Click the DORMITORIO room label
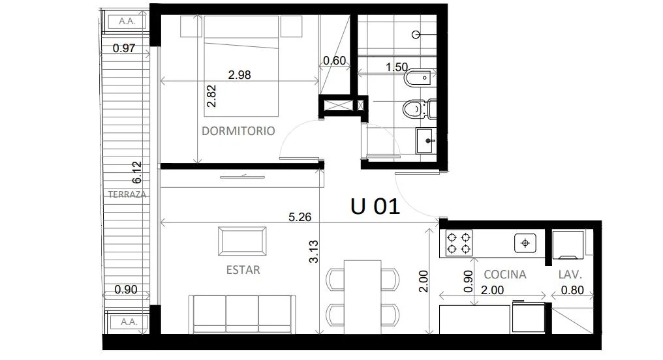click(x=238, y=131)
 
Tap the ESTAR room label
click(x=243, y=270)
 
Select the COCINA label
click(x=505, y=275)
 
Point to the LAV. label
click(x=570, y=275)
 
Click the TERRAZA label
click(x=127, y=194)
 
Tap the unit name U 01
click(x=375, y=207)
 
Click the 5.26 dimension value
click(x=300, y=217)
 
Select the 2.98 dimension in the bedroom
click(x=239, y=75)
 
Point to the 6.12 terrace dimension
click(x=137, y=172)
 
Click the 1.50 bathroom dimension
click(x=397, y=67)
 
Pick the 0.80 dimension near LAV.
click(x=572, y=290)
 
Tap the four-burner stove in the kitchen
click(x=459, y=243)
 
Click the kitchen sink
click(x=525, y=243)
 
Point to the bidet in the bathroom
click(x=420, y=78)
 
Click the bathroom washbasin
click(x=426, y=140)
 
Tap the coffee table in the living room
click(x=242, y=241)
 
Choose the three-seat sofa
click(x=242, y=314)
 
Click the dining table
click(x=362, y=297)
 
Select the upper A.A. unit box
click(x=127, y=21)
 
